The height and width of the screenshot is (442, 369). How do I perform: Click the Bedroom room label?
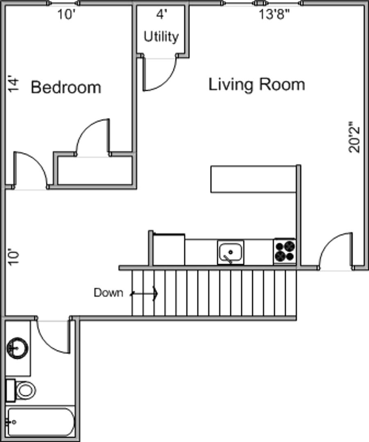point(66,87)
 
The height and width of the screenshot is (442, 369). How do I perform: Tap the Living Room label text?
point(257,84)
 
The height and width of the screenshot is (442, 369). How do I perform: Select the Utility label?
point(161,37)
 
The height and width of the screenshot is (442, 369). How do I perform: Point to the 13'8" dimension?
point(274,14)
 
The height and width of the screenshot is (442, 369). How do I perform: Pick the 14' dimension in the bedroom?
point(14,83)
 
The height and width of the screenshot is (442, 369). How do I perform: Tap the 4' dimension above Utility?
point(162,14)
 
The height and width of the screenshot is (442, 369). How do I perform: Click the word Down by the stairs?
point(109,293)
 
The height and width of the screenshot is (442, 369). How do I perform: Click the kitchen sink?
point(231,253)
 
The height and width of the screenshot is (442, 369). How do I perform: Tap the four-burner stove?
point(285,251)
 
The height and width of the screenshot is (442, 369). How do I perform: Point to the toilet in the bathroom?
point(21,390)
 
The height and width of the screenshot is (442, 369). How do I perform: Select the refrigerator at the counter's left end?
point(169,250)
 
